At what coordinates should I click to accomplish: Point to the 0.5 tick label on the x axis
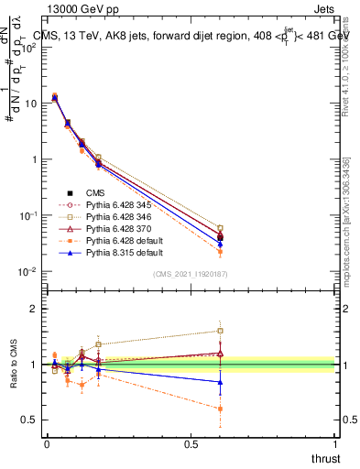tap(191, 444)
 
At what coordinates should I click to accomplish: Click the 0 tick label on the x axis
tap(47, 444)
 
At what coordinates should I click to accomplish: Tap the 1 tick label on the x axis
tap(335, 444)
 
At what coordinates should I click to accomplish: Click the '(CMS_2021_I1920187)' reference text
tap(191, 274)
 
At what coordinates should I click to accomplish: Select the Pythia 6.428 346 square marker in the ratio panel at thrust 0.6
tap(220, 331)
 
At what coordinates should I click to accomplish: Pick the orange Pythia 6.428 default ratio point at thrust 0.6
tap(220, 409)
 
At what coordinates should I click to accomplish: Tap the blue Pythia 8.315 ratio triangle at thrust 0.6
tap(220, 382)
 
